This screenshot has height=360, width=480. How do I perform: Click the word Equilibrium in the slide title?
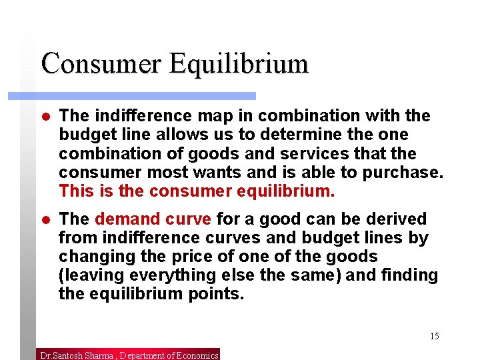coord(238,64)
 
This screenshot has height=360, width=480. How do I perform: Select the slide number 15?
coord(434,336)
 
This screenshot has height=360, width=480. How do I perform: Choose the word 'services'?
coord(316,153)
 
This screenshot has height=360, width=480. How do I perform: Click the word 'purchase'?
coord(407,173)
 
